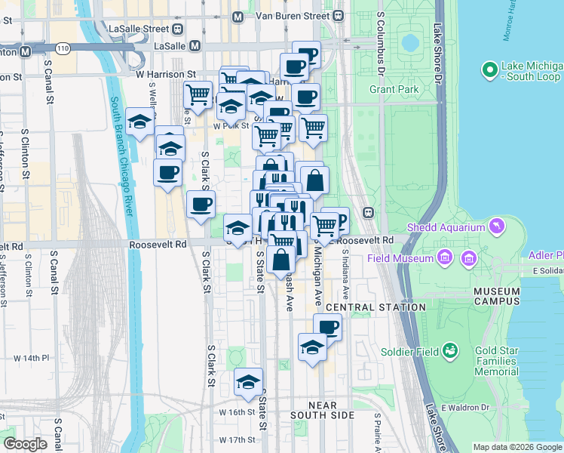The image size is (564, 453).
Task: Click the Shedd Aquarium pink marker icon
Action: click(x=497, y=226)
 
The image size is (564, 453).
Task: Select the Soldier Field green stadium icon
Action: click(x=450, y=350)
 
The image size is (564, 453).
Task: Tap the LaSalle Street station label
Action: click(x=140, y=29)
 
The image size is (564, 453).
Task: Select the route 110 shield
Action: click(x=63, y=48)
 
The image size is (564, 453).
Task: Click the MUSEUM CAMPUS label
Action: click(x=496, y=296)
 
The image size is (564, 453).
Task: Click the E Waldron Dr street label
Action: click(x=465, y=407)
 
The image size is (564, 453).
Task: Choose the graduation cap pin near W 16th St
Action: click(x=247, y=382)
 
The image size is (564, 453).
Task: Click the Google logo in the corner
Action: click(x=25, y=443)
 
